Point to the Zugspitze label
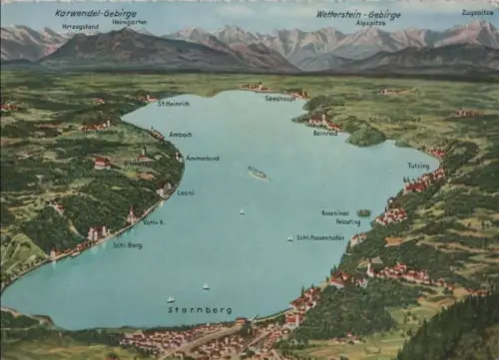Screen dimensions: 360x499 pyautogui.click(x=478, y=13)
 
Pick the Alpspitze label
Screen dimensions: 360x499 pyautogui.click(x=370, y=23)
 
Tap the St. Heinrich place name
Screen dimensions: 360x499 pyautogui.click(x=174, y=104)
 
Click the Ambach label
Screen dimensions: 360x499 pyautogui.click(x=181, y=134)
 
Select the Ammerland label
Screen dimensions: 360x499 pyautogui.click(x=202, y=158)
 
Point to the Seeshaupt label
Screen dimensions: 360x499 pyautogui.click(x=280, y=98)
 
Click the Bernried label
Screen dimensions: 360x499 pyautogui.click(x=326, y=132)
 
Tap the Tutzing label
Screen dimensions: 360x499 pyautogui.click(x=418, y=165)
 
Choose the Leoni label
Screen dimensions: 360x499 pyautogui.click(x=185, y=193)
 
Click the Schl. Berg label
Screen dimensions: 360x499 pyautogui.click(x=129, y=244)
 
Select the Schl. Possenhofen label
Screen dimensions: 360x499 pyautogui.click(x=320, y=237)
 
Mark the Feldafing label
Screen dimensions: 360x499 pyautogui.click(x=348, y=222)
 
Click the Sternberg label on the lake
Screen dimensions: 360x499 pyautogui.click(x=199, y=310)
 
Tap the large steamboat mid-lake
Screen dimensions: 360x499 pyautogui.click(x=257, y=174)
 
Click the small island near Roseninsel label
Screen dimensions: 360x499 pyautogui.click(x=364, y=212)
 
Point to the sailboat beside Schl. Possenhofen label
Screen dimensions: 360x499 pyautogui.click(x=290, y=238)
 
